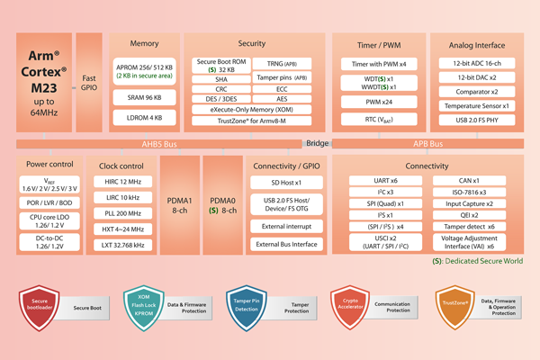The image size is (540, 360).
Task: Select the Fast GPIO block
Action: [89, 83]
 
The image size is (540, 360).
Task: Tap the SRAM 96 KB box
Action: [139, 97]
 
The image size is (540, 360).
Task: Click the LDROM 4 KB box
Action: [139, 118]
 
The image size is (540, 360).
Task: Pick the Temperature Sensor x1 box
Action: [474, 106]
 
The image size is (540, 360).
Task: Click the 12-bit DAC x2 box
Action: [474, 77]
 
